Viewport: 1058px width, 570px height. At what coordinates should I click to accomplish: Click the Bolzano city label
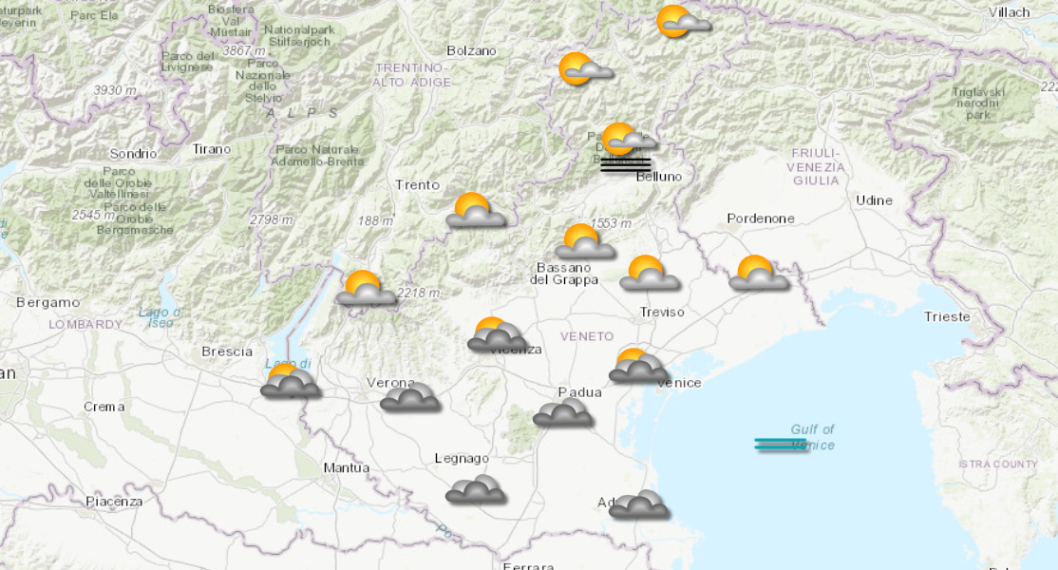click(x=471, y=50)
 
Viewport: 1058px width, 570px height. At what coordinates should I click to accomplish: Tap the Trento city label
click(x=417, y=185)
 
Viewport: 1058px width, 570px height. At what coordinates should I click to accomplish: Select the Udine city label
click(x=874, y=200)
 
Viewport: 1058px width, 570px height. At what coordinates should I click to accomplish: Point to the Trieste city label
click(x=947, y=316)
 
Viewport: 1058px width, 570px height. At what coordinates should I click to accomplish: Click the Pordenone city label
click(x=760, y=218)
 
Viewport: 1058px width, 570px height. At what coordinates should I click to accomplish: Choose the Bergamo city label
click(x=48, y=302)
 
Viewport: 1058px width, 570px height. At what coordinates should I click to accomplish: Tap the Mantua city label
click(x=346, y=467)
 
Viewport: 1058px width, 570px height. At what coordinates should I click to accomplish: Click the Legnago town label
click(x=462, y=459)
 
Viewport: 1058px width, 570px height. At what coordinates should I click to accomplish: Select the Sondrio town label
click(x=133, y=153)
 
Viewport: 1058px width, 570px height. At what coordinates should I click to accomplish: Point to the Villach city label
click(x=1009, y=12)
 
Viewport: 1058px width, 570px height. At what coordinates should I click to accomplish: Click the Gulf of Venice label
click(x=812, y=437)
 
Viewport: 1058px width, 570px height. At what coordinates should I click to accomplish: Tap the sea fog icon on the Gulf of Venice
click(x=782, y=444)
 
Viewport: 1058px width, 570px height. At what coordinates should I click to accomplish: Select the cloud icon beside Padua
click(x=563, y=412)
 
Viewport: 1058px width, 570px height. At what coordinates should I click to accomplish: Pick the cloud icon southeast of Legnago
click(x=475, y=489)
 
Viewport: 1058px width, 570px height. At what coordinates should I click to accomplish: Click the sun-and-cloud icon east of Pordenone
click(x=758, y=274)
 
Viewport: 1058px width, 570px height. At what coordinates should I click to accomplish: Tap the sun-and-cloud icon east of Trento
click(x=475, y=211)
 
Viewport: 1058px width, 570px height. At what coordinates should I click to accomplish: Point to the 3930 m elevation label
click(x=115, y=90)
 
